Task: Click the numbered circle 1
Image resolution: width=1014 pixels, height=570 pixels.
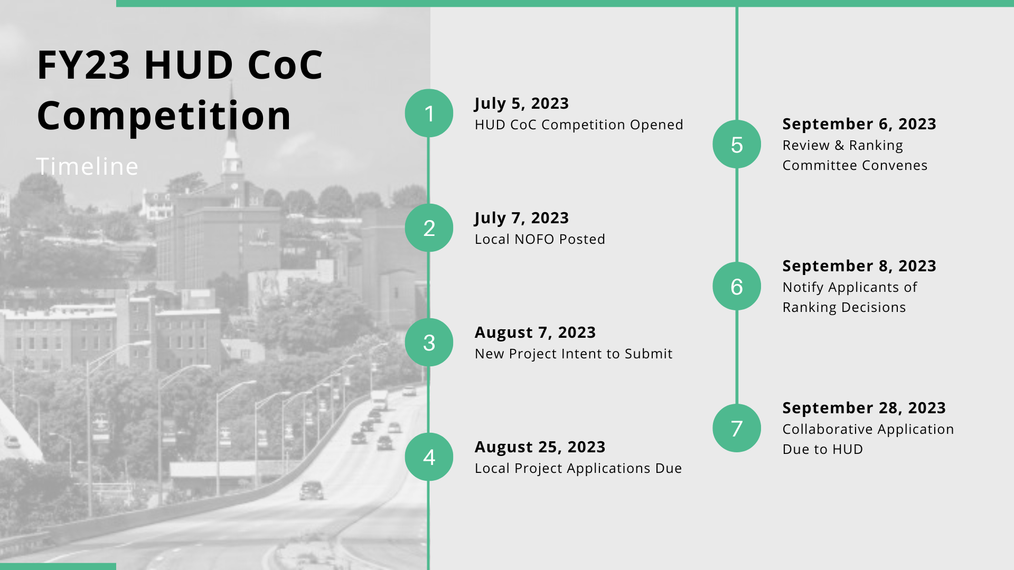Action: pyautogui.click(x=429, y=113)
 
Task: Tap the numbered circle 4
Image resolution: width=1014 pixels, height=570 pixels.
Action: pyautogui.click(x=429, y=457)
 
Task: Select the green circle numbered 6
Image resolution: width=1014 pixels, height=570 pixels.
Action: pyautogui.click(x=737, y=286)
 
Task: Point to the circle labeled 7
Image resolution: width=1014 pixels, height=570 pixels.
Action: pyautogui.click(x=737, y=428)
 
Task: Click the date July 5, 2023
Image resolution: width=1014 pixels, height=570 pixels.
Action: pyautogui.click(x=521, y=103)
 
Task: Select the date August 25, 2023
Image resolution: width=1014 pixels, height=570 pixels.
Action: pyautogui.click(x=540, y=447)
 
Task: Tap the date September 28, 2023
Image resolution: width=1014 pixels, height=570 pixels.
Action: pyautogui.click(x=864, y=408)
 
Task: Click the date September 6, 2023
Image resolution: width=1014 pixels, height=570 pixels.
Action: pyautogui.click(x=859, y=124)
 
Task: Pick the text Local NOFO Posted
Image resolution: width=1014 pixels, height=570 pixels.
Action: pyautogui.click(x=540, y=239)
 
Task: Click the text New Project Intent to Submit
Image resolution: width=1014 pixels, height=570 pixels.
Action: pyautogui.click(x=574, y=354)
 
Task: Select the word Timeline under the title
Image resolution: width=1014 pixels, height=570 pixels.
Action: pyautogui.click(x=87, y=167)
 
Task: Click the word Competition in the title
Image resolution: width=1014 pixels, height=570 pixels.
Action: pyautogui.click(x=164, y=116)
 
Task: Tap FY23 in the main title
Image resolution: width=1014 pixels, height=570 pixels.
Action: pyautogui.click(x=83, y=65)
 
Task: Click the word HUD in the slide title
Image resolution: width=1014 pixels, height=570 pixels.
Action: pyautogui.click(x=189, y=65)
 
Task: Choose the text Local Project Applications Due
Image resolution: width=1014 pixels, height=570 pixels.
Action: pyautogui.click(x=578, y=468)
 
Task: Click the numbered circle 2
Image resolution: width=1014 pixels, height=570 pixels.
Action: pyautogui.click(x=429, y=227)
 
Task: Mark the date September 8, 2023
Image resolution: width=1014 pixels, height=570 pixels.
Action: pyautogui.click(x=859, y=266)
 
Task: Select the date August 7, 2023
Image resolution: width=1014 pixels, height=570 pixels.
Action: pyautogui.click(x=535, y=332)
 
